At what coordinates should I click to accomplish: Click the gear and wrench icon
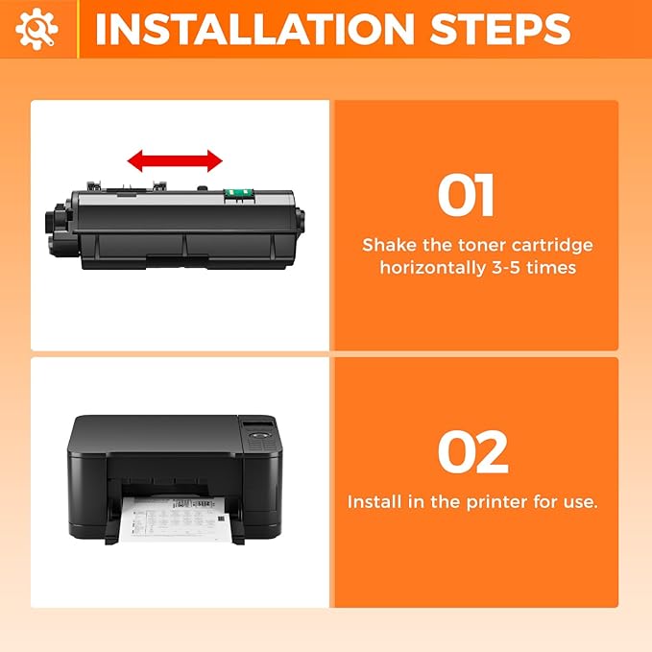click(x=36, y=30)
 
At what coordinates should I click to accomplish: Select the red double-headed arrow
click(x=176, y=160)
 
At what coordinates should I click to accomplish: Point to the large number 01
click(x=466, y=196)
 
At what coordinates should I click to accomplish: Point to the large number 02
click(x=472, y=452)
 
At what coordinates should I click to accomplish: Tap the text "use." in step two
click(x=577, y=502)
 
